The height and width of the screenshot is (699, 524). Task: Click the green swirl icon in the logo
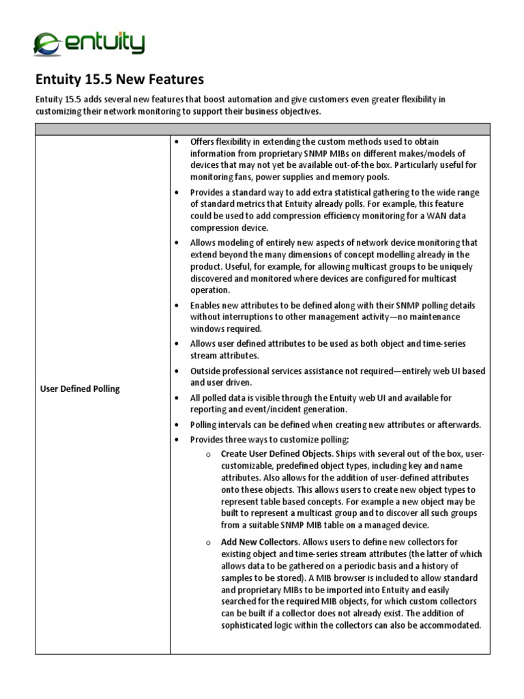click(x=46, y=44)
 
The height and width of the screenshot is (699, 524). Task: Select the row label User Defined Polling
click(x=79, y=388)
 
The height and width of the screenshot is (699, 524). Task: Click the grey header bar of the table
click(x=262, y=129)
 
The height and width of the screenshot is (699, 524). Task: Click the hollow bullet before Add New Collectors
click(x=207, y=542)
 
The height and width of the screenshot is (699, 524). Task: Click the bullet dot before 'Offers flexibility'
click(x=176, y=141)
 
